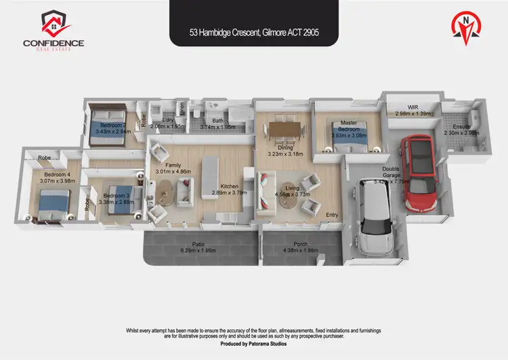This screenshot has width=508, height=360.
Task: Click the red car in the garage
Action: [419, 174]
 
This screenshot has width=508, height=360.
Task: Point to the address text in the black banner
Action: [253, 31]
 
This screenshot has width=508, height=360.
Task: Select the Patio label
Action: [198, 243]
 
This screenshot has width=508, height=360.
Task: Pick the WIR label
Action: [412, 107]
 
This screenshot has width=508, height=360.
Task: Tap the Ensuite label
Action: [461, 126]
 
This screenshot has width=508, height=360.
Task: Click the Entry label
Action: [332, 215]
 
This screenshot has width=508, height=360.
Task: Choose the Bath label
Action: [218, 120]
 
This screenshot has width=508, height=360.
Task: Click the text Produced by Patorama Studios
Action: [253, 344]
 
